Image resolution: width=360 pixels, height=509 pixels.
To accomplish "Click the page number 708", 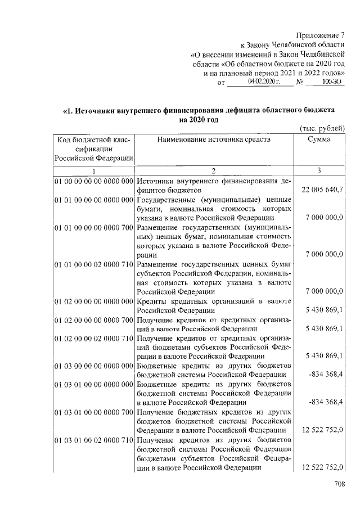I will point(337,484).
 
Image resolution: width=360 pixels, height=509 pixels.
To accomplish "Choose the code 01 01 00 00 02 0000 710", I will point(93,264).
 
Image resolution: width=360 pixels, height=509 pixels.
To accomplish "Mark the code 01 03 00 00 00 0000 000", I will point(93,366).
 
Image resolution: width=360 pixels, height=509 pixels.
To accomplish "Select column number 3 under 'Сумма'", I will point(319,170).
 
